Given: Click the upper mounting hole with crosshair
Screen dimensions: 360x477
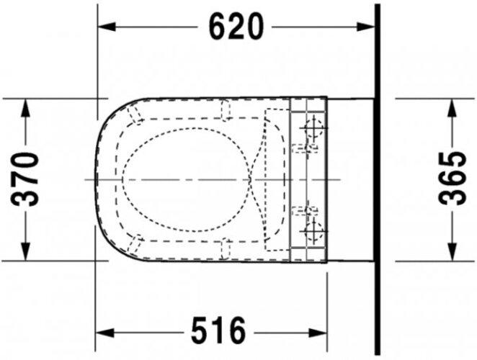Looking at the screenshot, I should click(313, 130).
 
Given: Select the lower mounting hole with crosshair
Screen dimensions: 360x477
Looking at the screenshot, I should click(313, 230).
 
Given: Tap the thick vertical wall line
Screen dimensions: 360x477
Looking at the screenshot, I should click(376, 180).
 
